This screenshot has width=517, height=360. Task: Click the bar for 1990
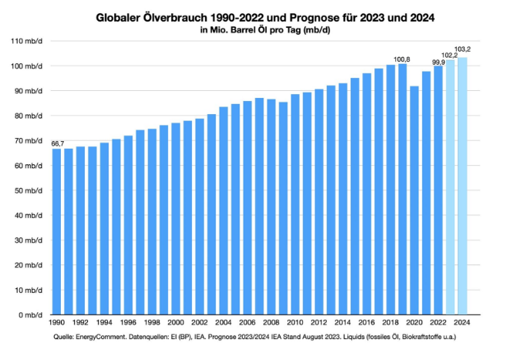[x=56, y=231]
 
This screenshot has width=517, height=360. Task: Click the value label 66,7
[x=57, y=143]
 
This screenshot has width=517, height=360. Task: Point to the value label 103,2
[x=463, y=49]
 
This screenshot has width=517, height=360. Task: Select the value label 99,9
[x=438, y=61]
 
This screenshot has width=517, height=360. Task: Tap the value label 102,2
[x=451, y=55]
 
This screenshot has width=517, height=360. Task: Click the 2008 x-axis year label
[x=271, y=323]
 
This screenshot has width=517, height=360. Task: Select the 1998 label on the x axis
[x=152, y=323]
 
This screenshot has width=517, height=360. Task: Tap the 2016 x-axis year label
[x=367, y=323]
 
